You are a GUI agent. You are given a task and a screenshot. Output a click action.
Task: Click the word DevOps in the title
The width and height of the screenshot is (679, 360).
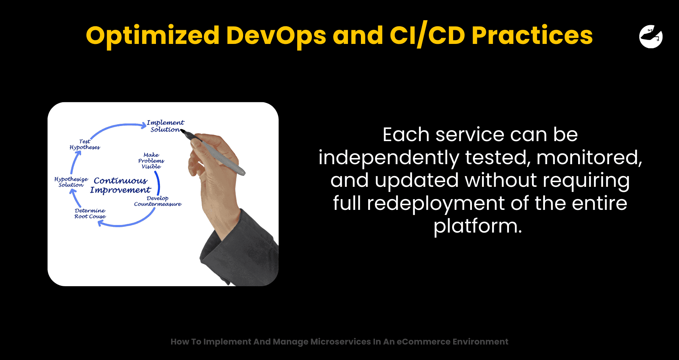[276, 35]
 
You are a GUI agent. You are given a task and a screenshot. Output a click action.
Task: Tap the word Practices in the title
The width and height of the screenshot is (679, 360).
[532, 35]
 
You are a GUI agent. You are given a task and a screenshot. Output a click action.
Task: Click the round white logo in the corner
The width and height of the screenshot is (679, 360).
[651, 36]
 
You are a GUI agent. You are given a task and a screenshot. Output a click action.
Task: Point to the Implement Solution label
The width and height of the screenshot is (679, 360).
[165, 126]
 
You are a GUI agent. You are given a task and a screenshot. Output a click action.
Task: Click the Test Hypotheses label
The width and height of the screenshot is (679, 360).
[85, 144]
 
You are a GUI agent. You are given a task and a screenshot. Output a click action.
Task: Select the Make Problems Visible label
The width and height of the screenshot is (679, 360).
[151, 161]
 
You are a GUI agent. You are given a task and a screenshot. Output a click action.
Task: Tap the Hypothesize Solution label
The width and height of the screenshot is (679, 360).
[71, 182]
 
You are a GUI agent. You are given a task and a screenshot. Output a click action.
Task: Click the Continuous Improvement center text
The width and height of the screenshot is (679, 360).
[121, 185]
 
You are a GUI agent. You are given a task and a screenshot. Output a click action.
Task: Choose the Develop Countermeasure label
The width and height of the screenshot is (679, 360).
[158, 201]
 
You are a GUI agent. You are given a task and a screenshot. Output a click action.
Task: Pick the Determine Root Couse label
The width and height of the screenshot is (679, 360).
[90, 213]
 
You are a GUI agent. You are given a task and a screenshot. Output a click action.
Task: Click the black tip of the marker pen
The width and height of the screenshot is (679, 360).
[183, 131]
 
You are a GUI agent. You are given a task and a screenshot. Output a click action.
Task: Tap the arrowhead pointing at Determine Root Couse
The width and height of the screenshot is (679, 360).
[101, 224]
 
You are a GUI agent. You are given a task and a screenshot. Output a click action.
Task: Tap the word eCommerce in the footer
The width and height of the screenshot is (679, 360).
[423, 342]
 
